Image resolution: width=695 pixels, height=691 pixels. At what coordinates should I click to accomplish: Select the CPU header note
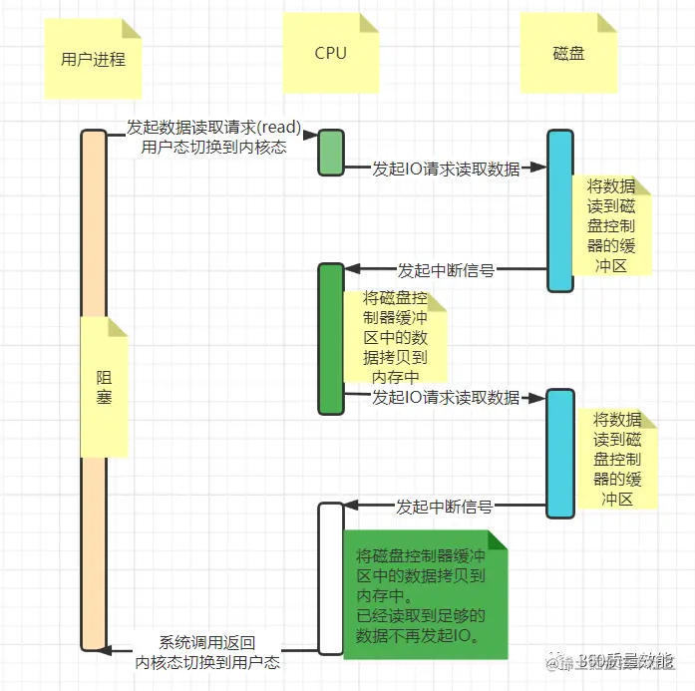coord(330,53)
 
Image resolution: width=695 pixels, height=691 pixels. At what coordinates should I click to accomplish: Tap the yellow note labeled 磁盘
coord(568,53)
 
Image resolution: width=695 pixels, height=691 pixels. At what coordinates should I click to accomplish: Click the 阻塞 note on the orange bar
coord(104,387)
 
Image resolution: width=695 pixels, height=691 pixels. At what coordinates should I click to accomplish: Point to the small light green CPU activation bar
coord(331,153)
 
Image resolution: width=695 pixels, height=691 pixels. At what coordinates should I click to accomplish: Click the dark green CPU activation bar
coord(331,339)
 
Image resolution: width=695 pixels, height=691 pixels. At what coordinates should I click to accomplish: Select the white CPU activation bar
coord(331,578)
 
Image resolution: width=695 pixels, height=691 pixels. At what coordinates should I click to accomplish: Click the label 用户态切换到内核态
coord(213,149)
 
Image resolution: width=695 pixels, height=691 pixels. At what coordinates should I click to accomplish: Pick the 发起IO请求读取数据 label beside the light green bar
coord(446,170)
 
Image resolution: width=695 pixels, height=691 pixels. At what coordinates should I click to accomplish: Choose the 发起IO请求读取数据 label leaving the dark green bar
coord(446,398)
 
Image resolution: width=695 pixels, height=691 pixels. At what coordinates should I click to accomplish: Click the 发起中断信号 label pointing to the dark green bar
coord(446,270)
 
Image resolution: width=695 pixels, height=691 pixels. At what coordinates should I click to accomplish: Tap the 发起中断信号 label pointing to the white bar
coord(445,507)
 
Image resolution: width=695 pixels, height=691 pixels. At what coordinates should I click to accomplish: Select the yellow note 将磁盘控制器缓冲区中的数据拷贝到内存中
coord(395,337)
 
